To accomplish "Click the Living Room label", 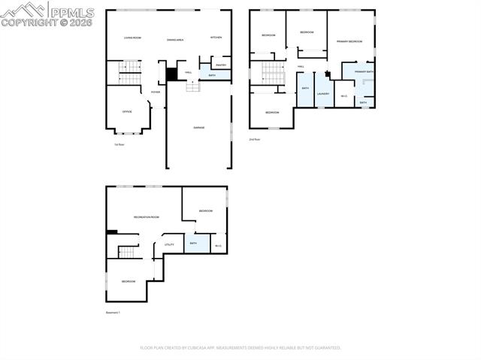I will (132, 38).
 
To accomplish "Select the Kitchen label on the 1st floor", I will (216, 38).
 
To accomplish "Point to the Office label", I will (127, 111).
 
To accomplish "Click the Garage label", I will (198, 128).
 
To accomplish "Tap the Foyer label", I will (156, 92).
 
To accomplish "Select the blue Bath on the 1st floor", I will (213, 76).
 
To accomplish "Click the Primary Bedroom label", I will (349, 41).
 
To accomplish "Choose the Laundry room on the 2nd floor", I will (323, 93).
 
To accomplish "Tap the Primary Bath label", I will (364, 72).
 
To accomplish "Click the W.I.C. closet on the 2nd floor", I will (343, 95).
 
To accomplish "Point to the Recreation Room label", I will (146, 217).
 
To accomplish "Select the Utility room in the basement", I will (169, 244).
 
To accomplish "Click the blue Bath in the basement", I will (194, 244).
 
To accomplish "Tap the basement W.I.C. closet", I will (218, 245).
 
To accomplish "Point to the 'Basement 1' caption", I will (113, 312).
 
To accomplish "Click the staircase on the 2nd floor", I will (272, 74).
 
